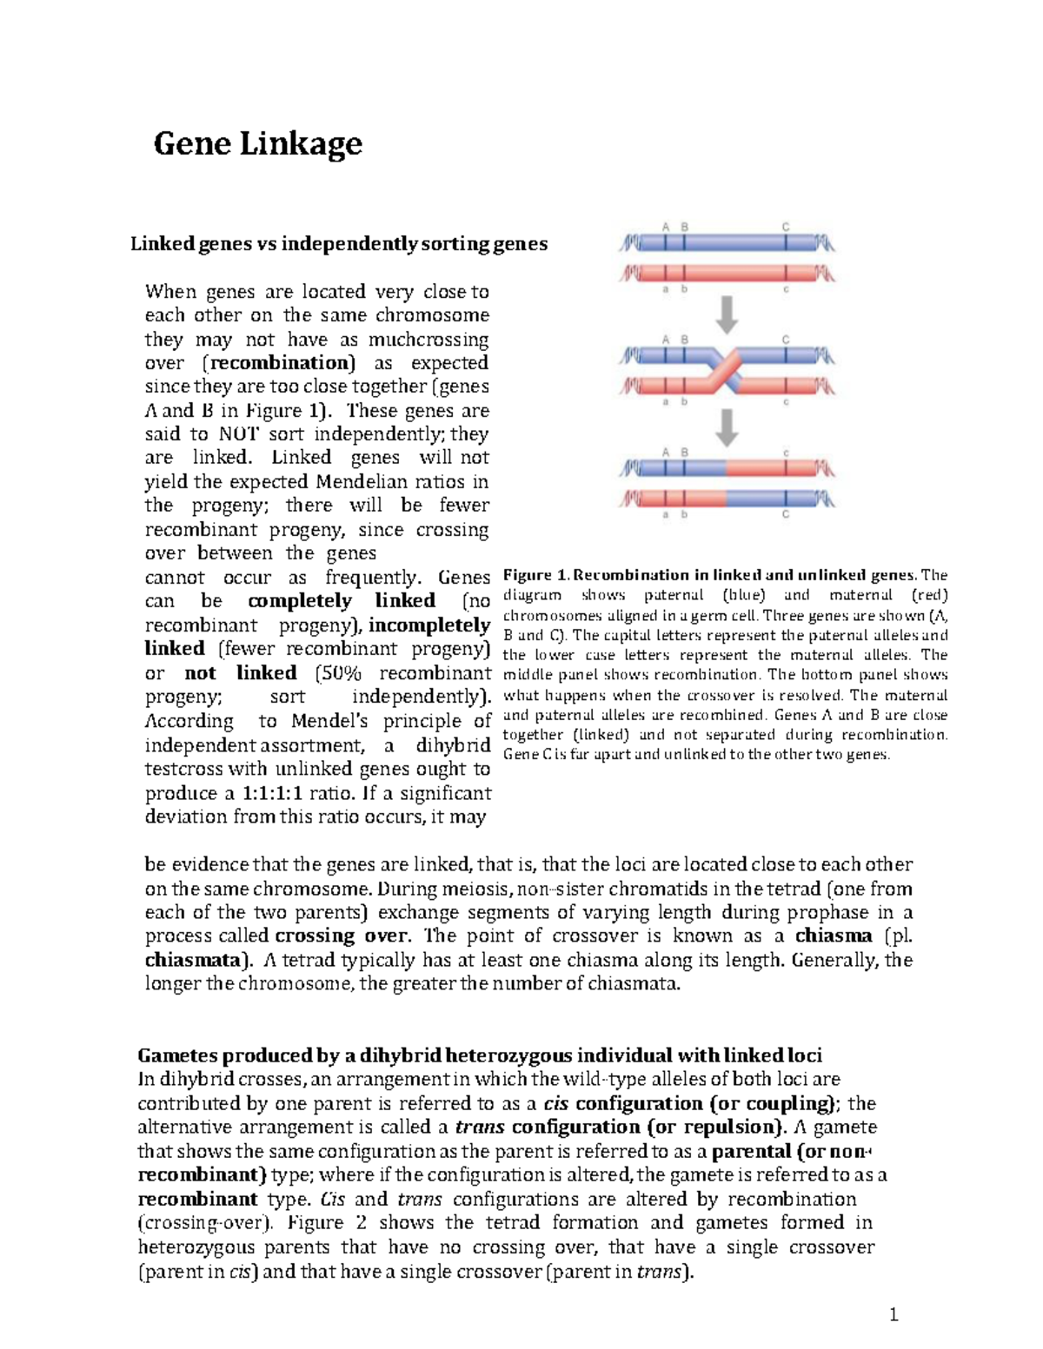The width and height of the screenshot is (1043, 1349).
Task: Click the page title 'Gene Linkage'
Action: (257, 143)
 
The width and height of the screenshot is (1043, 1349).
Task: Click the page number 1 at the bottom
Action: (893, 1315)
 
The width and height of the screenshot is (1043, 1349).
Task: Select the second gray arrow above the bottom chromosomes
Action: (727, 427)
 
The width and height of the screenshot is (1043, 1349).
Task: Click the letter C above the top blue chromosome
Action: (785, 227)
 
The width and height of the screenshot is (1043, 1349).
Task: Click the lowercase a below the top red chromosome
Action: (666, 290)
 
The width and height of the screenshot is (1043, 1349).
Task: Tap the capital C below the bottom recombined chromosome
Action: (785, 514)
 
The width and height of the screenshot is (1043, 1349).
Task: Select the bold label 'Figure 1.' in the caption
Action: (536, 575)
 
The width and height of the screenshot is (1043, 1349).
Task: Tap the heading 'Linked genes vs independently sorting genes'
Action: (339, 244)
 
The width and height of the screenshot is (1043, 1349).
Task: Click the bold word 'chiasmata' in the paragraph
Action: (194, 961)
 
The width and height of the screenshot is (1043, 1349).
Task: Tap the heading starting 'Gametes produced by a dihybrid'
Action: (480, 1055)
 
